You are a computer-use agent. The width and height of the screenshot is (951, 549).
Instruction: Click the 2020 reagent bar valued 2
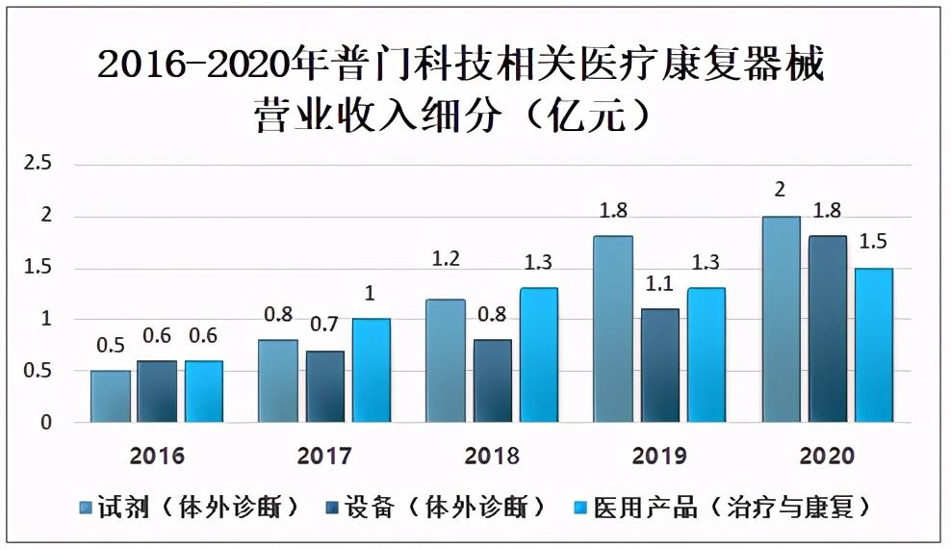[x=782, y=319]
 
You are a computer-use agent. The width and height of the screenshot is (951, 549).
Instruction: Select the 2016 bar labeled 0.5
[x=111, y=396]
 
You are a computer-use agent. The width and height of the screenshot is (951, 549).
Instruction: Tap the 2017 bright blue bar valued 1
[x=372, y=370]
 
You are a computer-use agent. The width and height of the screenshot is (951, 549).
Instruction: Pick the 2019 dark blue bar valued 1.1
[x=660, y=365]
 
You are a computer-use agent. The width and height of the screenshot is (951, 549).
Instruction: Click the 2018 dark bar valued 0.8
[x=493, y=381]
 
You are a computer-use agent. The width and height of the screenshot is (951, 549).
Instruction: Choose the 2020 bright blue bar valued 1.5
[x=874, y=345]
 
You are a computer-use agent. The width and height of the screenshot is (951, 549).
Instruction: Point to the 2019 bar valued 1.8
[x=612, y=328]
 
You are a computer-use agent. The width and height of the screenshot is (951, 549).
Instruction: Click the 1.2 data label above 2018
[x=446, y=259]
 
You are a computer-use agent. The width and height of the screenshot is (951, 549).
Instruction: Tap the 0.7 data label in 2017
[x=324, y=325]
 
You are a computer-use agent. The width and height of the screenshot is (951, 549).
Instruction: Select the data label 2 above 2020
[x=780, y=190]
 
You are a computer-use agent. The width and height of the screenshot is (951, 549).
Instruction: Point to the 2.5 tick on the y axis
[x=38, y=163]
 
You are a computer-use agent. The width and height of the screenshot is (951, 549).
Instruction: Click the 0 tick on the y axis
[x=46, y=422]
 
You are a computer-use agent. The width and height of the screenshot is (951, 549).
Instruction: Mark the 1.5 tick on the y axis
[x=38, y=267]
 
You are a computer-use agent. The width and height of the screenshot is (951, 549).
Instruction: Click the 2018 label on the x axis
[x=492, y=457]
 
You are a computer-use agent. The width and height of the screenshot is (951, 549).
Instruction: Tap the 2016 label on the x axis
[x=157, y=457]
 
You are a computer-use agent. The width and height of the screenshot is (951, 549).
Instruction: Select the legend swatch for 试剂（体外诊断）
[x=86, y=508]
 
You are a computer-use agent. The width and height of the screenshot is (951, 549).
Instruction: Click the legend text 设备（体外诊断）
[x=445, y=508]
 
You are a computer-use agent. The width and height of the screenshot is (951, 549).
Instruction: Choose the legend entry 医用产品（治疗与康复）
[x=722, y=508]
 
